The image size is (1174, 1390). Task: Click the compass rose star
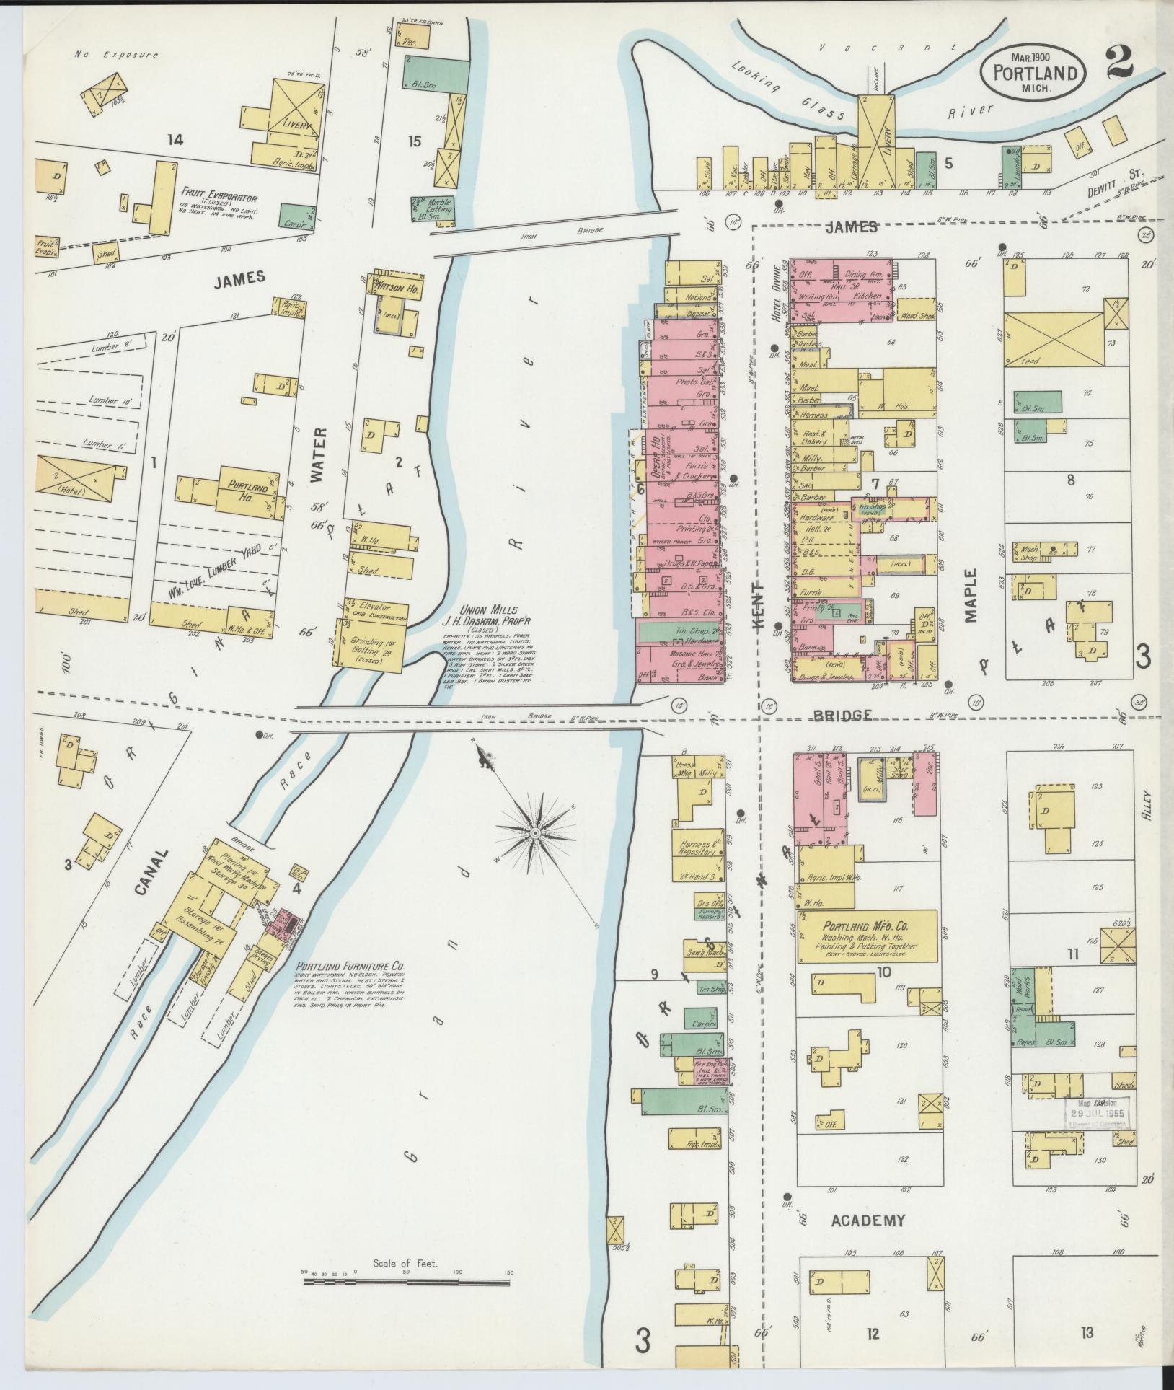(x=535, y=833)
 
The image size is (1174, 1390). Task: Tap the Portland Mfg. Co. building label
(x=865, y=924)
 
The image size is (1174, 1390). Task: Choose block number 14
(x=175, y=140)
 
